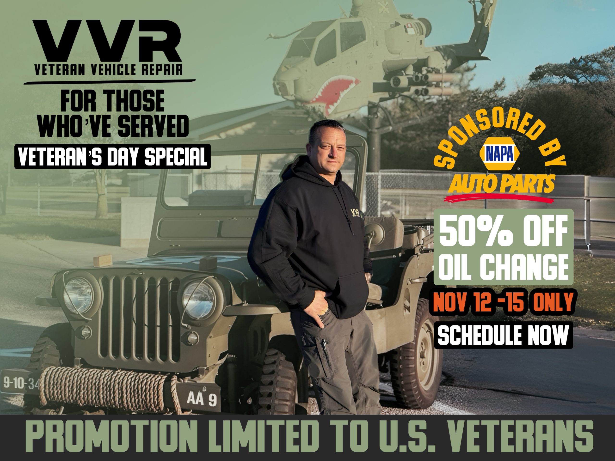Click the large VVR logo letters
[107, 41]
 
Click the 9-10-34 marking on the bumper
[21, 384]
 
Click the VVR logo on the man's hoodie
[355, 213]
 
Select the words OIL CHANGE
[503, 267]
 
